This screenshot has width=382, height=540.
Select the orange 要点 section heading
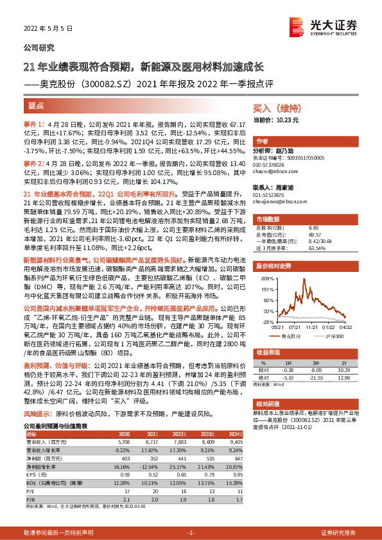point(37,105)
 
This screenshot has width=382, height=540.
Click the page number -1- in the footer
point(190,533)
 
